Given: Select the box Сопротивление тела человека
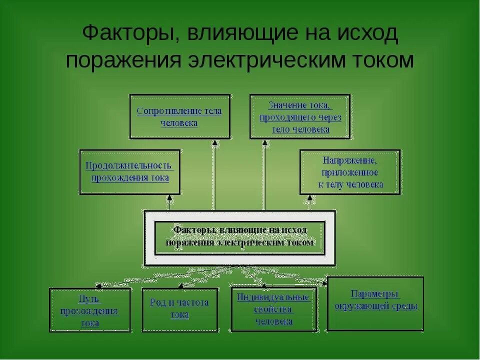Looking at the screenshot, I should click(x=180, y=116).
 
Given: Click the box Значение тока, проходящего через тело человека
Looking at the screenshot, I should click(x=300, y=116).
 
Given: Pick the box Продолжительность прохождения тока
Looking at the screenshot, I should click(x=129, y=171).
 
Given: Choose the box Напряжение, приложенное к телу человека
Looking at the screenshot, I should click(x=350, y=171).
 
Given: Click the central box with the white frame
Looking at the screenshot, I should click(x=239, y=237).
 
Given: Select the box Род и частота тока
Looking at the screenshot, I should click(x=179, y=309).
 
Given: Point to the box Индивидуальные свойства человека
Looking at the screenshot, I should click(x=273, y=309).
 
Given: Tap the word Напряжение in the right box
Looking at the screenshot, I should click(x=350, y=160).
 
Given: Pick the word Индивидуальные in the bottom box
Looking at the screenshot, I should click(x=273, y=297).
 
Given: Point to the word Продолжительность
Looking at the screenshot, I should click(x=129, y=165).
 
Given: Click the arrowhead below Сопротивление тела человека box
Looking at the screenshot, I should click(x=214, y=142).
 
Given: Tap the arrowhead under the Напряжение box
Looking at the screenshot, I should click(x=309, y=198).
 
